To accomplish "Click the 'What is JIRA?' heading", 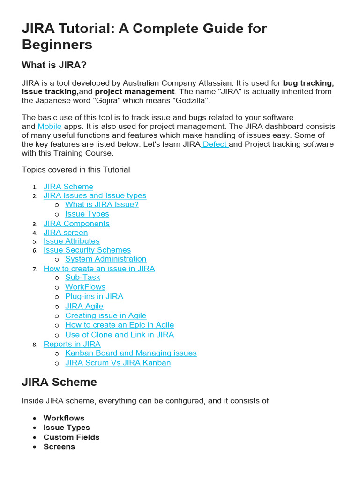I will point(54,65).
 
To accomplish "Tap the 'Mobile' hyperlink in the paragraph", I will point(50,127).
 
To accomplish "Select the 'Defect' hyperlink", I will point(215,144).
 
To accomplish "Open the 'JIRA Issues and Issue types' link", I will point(95,195).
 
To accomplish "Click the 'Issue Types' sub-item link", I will point(87,214).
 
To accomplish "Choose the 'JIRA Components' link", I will point(76,224).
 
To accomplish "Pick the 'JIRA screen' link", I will point(66,232).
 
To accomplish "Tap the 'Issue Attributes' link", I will point(72,241).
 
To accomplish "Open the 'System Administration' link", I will point(105,259).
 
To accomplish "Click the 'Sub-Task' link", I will point(82,277).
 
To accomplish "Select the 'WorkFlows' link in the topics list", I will point(85,287).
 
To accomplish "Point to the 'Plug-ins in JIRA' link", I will point(94,296).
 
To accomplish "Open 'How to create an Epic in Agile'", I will point(120,325).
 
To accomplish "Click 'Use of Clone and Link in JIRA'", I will point(120,335).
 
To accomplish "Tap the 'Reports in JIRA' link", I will point(72,344).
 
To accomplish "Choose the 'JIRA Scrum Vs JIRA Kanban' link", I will point(118,363).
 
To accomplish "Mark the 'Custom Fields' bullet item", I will point(71,437).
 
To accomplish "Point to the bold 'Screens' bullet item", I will point(59,447).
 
